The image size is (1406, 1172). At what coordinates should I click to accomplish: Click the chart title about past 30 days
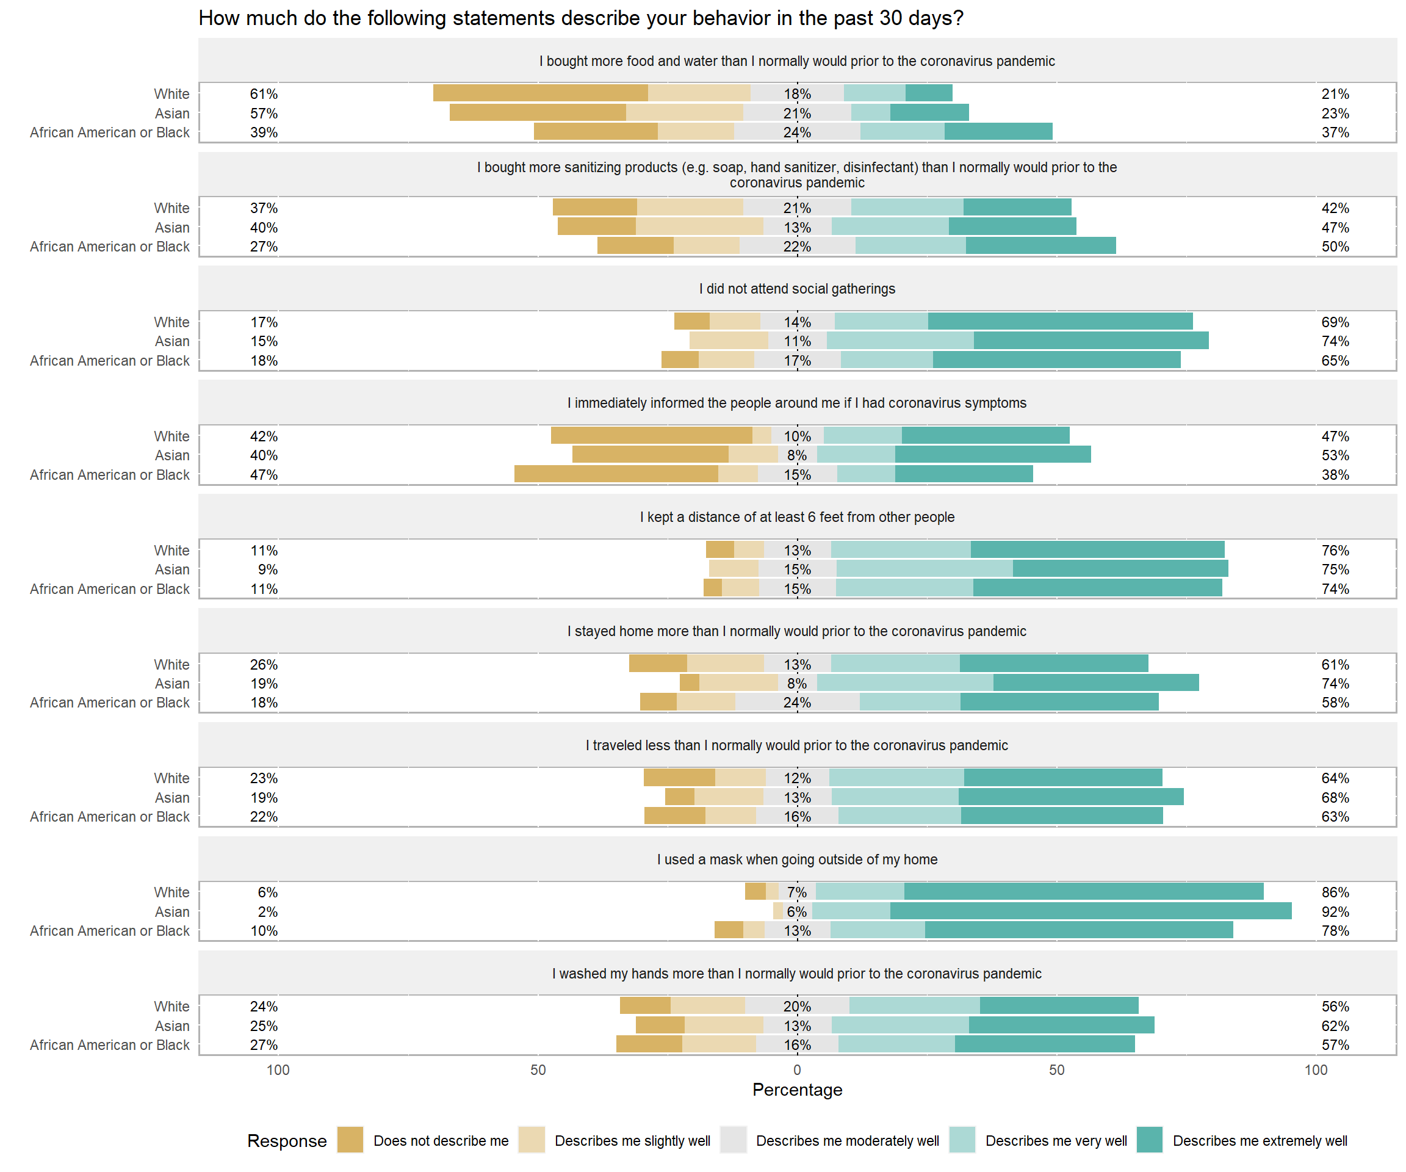tap(580, 18)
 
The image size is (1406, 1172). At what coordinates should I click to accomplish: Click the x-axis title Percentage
tap(797, 1090)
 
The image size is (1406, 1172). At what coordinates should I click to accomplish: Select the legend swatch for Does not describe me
tap(350, 1140)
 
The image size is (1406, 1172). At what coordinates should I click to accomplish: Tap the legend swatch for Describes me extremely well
tap(1149, 1140)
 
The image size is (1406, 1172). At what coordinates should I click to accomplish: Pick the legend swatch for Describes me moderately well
tap(733, 1140)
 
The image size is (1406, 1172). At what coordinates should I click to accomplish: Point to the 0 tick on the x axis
tap(797, 1070)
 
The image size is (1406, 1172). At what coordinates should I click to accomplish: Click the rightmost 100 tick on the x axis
tap(1316, 1070)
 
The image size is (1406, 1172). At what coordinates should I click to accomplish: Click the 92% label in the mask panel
tap(1335, 911)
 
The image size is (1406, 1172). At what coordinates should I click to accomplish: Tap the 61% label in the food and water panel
tap(264, 94)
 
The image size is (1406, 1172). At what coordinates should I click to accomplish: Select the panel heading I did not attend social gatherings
tap(797, 289)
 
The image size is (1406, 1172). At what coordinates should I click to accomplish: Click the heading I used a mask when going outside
tap(797, 859)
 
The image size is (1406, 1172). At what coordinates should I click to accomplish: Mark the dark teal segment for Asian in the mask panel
tap(1091, 911)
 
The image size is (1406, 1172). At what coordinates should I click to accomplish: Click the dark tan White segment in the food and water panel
tap(540, 93)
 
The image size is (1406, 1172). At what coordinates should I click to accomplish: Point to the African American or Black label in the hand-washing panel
tap(110, 1045)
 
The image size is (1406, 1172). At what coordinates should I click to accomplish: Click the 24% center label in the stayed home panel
tap(797, 703)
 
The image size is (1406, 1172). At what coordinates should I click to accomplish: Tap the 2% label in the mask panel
tap(267, 911)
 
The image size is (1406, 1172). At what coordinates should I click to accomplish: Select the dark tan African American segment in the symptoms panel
tap(616, 474)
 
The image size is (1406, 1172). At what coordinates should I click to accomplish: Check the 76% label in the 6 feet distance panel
tap(1335, 551)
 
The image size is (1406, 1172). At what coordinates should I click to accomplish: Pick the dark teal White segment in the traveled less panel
tap(1062, 778)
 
